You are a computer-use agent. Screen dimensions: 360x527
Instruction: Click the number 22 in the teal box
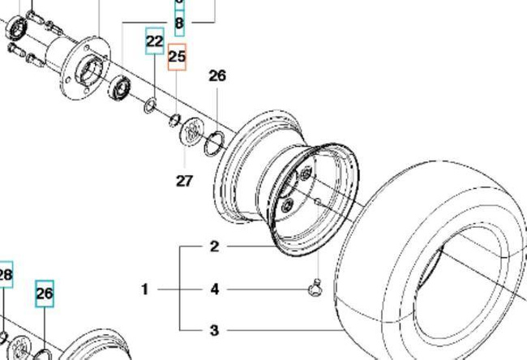(x=154, y=41)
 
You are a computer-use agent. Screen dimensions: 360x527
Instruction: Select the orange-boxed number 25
(x=177, y=58)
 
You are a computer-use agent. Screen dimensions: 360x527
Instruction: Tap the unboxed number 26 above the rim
(x=216, y=76)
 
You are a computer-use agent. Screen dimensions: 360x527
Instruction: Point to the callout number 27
(x=184, y=180)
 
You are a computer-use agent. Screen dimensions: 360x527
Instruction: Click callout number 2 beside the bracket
(x=215, y=246)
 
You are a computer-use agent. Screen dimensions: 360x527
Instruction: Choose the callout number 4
(x=215, y=289)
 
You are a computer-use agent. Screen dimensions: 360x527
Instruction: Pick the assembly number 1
(x=145, y=289)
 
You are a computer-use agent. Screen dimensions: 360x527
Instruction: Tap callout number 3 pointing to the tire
(x=215, y=330)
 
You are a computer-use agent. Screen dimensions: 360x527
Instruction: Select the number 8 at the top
(x=179, y=24)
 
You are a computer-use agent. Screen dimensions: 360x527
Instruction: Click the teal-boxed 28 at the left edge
(x=5, y=276)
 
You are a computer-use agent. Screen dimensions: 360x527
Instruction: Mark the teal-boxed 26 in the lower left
(x=44, y=294)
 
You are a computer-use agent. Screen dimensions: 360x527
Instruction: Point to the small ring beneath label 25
(x=174, y=121)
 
